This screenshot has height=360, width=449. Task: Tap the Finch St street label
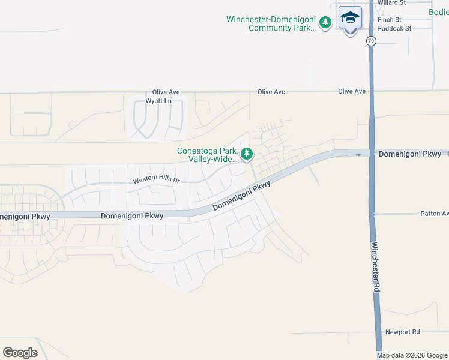pyautogui.click(x=390, y=20)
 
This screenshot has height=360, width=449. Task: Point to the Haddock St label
pyautogui.click(x=394, y=28)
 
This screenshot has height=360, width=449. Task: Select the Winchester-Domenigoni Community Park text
pyautogui.click(x=270, y=23)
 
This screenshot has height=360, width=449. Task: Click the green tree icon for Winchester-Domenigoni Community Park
pyautogui.click(x=325, y=23)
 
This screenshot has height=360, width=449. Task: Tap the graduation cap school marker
pyautogui.click(x=350, y=17)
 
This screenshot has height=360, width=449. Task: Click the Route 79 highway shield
pyautogui.click(x=372, y=41)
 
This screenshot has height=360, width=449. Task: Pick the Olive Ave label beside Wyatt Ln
pyautogui.click(x=166, y=92)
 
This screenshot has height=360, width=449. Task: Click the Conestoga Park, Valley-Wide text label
pyautogui.click(x=208, y=155)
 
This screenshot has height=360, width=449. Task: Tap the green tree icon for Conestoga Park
pyautogui.click(x=247, y=154)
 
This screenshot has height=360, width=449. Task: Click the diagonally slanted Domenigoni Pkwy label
pyautogui.click(x=241, y=196)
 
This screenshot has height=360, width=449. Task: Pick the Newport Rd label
pyautogui.click(x=402, y=332)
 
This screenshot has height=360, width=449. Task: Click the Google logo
pyautogui.click(x=20, y=353)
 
